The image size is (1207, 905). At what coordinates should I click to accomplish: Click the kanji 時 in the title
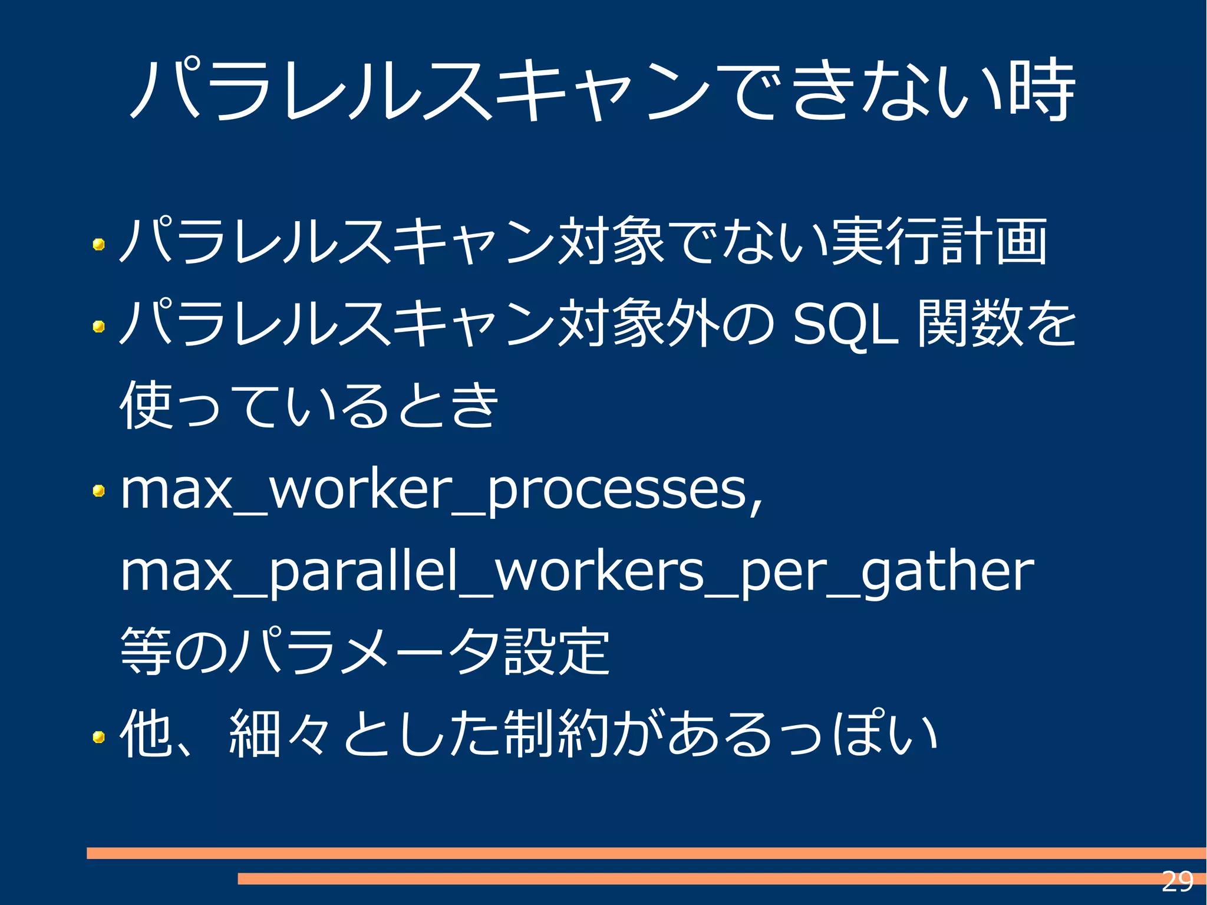pyautogui.click(x=1042, y=90)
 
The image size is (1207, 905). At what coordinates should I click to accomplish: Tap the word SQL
pyautogui.click(x=846, y=324)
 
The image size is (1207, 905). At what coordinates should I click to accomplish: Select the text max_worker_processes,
pyautogui.click(x=441, y=491)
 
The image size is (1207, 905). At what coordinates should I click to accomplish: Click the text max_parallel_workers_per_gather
pyautogui.click(x=576, y=572)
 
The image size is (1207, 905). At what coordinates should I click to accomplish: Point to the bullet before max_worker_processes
pyautogui.click(x=99, y=491)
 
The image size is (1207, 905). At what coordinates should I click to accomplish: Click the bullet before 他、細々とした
pyautogui.click(x=99, y=736)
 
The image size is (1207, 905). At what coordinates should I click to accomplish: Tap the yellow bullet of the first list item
pyautogui.click(x=99, y=243)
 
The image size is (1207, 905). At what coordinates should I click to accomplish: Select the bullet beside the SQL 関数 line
pyautogui.click(x=99, y=325)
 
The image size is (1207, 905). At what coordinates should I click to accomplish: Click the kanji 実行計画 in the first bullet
pyautogui.click(x=938, y=242)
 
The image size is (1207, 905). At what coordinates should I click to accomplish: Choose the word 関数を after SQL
pyautogui.click(x=996, y=324)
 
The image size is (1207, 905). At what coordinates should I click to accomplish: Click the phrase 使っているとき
pyautogui.click(x=309, y=406)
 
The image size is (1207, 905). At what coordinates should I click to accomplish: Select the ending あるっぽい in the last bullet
pyautogui.click(x=802, y=734)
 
